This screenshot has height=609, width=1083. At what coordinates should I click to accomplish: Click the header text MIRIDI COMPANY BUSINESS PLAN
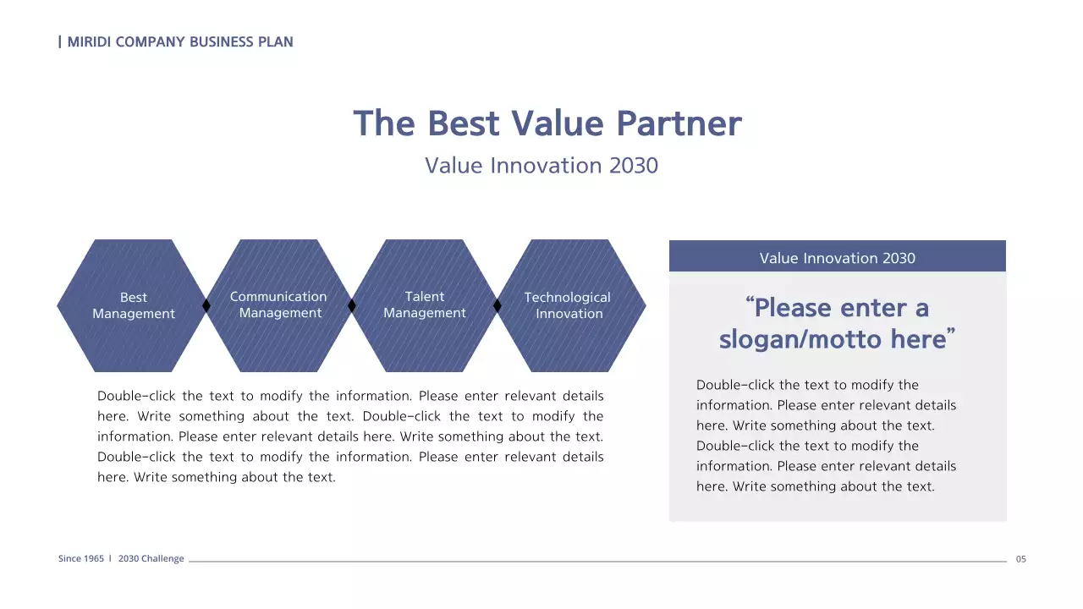coord(179,41)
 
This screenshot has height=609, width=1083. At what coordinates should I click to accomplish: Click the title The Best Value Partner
coord(547,123)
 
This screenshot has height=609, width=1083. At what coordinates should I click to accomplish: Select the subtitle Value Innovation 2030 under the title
coord(541,165)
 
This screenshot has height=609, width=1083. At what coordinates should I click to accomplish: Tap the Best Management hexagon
coord(133,305)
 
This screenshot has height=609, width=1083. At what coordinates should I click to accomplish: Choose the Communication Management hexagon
coord(279,305)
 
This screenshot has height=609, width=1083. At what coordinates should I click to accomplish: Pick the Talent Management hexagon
coord(425,305)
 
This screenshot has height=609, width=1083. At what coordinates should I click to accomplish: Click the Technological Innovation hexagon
coord(569,305)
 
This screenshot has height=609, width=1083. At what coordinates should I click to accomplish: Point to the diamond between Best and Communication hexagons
coord(206,305)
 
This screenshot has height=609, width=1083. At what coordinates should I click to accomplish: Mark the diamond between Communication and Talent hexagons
coord(352,305)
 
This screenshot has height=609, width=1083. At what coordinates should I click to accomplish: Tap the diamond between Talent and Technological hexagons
coord(498,305)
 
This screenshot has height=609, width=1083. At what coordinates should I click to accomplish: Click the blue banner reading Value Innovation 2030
coord(837,258)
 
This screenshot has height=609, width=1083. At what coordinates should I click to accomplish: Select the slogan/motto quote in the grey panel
coord(837,323)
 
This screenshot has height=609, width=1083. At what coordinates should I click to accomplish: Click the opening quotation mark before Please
coord(750,302)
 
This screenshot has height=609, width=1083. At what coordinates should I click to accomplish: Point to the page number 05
coord(1020,559)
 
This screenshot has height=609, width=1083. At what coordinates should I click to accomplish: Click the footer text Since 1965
coord(81,559)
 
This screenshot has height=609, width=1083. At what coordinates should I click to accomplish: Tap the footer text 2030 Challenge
coord(151,559)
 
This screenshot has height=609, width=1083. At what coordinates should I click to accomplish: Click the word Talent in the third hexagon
coord(425,297)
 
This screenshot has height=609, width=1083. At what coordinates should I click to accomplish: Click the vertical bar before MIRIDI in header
coord(59,41)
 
